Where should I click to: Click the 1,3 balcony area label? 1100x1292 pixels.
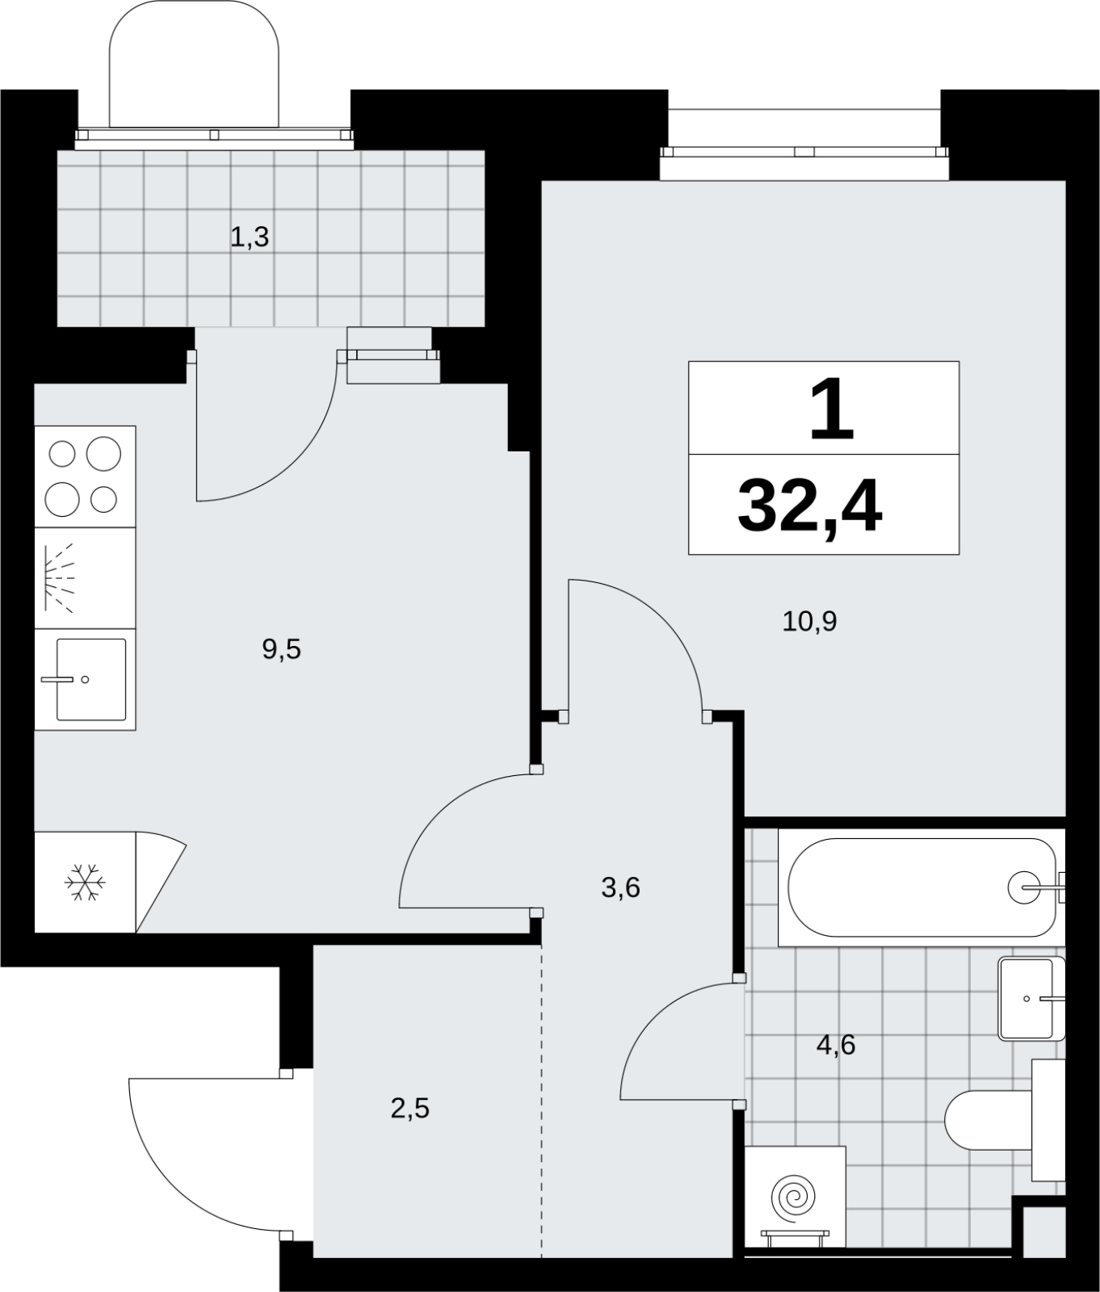250,237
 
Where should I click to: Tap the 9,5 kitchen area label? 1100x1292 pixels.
281,648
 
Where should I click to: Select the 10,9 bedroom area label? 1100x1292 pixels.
809,621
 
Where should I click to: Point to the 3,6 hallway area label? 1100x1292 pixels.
620,887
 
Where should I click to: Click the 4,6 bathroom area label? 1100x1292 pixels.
836,1045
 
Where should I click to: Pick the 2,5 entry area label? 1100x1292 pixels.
409,1109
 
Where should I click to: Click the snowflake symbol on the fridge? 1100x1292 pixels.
85,883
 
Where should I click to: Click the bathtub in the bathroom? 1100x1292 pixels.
921,887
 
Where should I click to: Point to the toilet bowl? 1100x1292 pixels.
989,1120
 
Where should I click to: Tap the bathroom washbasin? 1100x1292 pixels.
1031,998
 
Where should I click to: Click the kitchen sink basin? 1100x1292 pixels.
90,679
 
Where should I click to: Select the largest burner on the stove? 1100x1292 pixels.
103,454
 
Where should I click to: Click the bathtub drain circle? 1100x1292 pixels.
1024,887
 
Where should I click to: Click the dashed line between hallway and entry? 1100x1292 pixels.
542,1101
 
